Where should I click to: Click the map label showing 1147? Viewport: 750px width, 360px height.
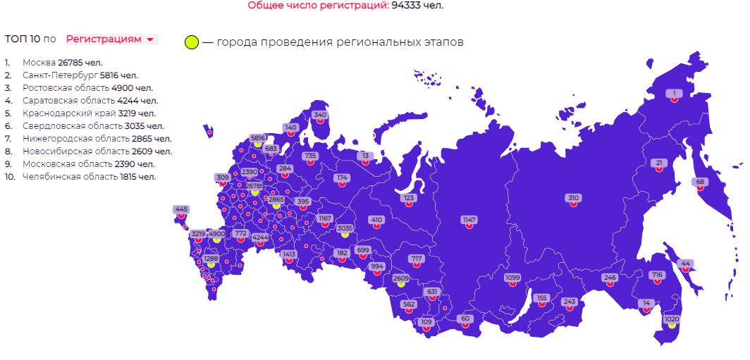(x=469, y=220)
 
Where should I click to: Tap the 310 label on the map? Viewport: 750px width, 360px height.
(x=573, y=198)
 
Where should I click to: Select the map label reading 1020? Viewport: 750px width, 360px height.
(x=672, y=319)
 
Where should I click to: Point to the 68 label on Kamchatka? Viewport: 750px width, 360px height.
(x=699, y=182)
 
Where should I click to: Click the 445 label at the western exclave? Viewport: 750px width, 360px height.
(x=181, y=209)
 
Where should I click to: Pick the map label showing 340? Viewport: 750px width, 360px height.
(x=320, y=115)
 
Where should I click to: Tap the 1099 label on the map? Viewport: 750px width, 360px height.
(x=512, y=278)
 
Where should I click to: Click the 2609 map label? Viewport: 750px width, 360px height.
(x=400, y=278)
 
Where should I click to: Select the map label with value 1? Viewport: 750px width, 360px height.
(x=674, y=93)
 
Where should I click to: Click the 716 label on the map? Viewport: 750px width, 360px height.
(x=657, y=275)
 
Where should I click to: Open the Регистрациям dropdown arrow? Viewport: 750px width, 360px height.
(x=150, y=40)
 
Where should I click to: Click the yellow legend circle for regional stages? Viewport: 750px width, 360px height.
(x=191, y=43)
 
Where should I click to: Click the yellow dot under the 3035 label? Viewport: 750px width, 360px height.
(x=345, y=235)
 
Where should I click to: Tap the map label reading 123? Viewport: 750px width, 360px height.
(x=409, y=198)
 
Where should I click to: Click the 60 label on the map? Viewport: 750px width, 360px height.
(x=465, y=318)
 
